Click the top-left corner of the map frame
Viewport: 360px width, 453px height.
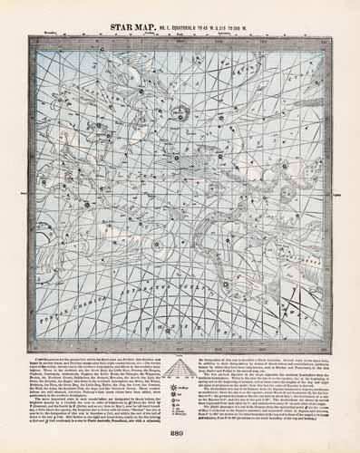30,39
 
